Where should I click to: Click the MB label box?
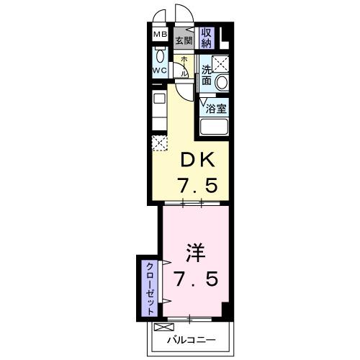159,34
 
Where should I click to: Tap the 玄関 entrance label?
184,40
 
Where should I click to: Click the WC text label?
159,71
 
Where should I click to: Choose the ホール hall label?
184,66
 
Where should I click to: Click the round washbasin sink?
222,81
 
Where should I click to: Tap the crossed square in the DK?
160,142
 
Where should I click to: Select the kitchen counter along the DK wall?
158,108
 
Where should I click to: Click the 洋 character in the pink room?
194,253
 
